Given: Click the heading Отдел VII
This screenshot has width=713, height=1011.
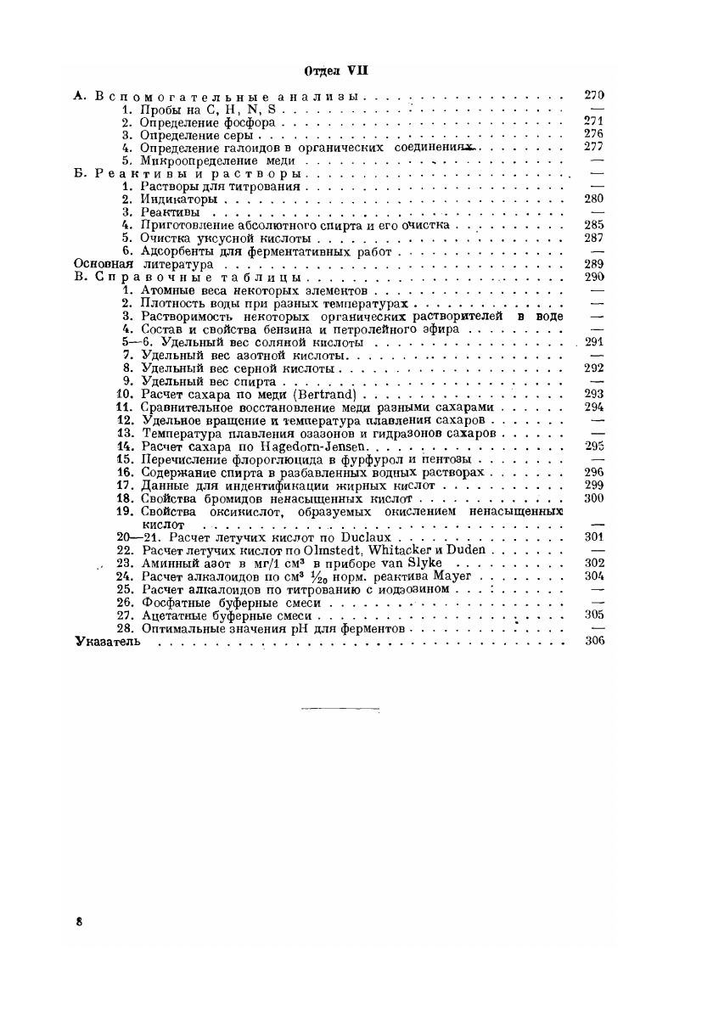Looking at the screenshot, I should coord(339,70).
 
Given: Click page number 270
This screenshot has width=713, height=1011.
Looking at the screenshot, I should coord(594,95).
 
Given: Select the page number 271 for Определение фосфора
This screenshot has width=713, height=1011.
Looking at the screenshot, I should coord(594,121).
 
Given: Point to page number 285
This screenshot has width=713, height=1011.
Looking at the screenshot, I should coord(594,225).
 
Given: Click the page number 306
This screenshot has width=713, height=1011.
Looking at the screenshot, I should coord(594,643).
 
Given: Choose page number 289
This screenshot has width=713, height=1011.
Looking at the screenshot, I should coord(594,264).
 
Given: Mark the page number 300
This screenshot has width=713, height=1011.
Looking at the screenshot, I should coord(594,497).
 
